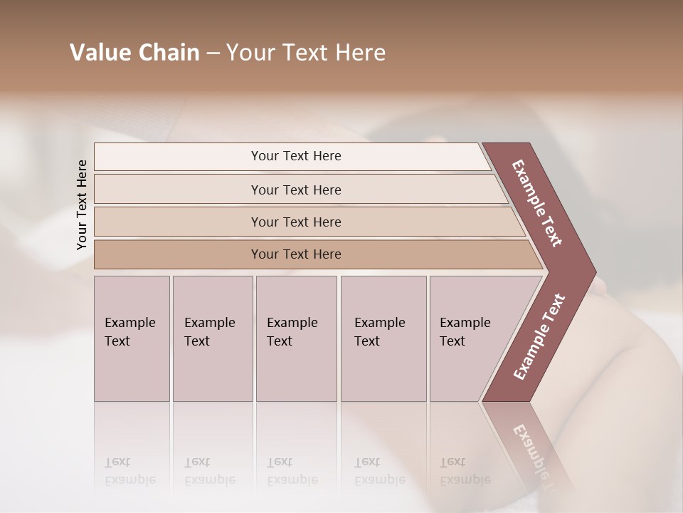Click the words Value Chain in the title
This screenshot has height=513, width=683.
point(134,53)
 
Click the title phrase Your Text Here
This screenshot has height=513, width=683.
point(305,53)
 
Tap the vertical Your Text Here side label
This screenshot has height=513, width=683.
point(82,204)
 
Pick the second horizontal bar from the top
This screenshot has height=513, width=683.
point(295,190)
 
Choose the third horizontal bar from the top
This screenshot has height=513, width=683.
point(295,222)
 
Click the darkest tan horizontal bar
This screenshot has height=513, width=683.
point(295,254)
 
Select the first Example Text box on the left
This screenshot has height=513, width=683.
point(132,338)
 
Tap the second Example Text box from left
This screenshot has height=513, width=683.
point(212,338)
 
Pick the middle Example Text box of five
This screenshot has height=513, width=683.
point(296,338)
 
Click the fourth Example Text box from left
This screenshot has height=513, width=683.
point(383,338)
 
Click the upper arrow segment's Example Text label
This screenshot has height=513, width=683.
point(537,203)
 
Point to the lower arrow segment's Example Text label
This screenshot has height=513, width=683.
point(539,337)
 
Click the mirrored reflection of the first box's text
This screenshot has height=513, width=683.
point(130,471)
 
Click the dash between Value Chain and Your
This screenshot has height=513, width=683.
point(213,53)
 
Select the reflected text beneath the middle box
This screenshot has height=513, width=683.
point(292,471)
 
